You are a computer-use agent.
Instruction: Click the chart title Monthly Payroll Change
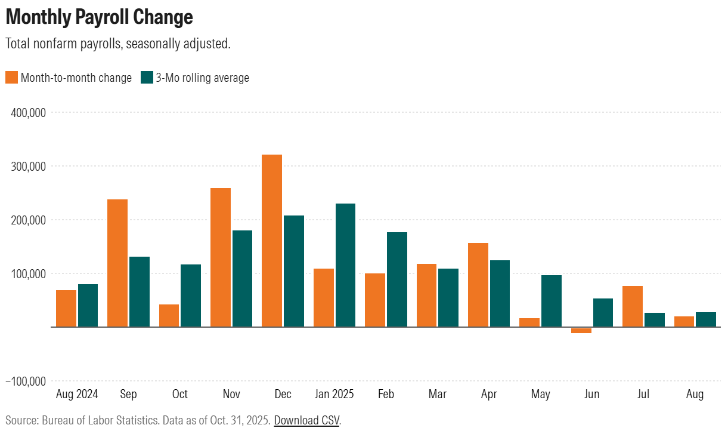[x=100, y=17]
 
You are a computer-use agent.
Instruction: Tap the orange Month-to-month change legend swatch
[x=11, y=78]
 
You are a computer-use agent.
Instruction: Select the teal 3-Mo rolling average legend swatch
[x=147, y=78]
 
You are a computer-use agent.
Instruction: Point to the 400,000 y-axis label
[x=29, y=112]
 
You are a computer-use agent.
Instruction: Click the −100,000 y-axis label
[x=26, y=381]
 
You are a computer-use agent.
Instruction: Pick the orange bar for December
[x=272, y=241]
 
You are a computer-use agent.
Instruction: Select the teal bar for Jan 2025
[x=345, y=265]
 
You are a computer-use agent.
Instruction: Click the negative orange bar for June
[x=581, y=330]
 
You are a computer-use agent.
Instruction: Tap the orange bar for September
[x=117, y=263]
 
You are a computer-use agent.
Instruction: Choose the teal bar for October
[x=191, y=295]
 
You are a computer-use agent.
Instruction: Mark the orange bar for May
[x=529, y=322]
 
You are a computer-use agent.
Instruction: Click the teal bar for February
[x=397, y=279]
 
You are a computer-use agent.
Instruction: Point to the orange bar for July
[x=633, y=306]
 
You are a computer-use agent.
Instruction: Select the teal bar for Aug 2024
[x=88, y=305]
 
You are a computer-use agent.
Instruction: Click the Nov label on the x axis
[x=231, y=394]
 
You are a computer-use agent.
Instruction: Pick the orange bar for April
[x=478, y=285]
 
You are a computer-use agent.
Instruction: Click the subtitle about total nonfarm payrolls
[x=117, y=44]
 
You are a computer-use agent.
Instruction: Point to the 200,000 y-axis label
[x=29, y=220]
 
